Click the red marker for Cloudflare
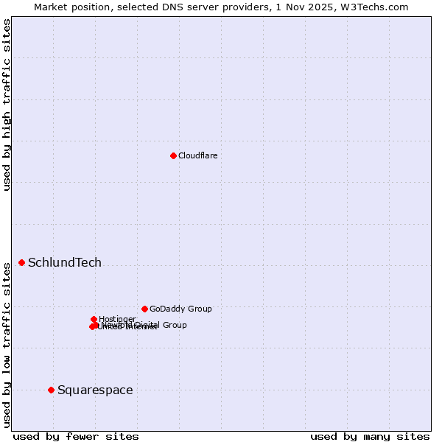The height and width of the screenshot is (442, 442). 173,155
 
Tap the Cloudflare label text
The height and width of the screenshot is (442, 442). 197,155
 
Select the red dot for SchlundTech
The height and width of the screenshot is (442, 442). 21,262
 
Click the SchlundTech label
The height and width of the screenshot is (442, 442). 65,262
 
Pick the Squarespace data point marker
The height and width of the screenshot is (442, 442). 51,390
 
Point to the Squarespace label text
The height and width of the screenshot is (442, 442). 95,390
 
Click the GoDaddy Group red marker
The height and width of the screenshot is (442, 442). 144,309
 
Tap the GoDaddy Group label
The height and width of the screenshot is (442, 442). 180,309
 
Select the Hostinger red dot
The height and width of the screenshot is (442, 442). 94,319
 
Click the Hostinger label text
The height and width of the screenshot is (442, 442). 117,319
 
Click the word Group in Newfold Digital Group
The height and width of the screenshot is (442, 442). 175,324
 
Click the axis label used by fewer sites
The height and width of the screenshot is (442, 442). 76,436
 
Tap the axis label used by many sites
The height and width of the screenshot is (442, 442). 370,436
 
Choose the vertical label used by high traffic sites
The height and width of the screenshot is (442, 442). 7,105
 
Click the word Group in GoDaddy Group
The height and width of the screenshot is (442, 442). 199,309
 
